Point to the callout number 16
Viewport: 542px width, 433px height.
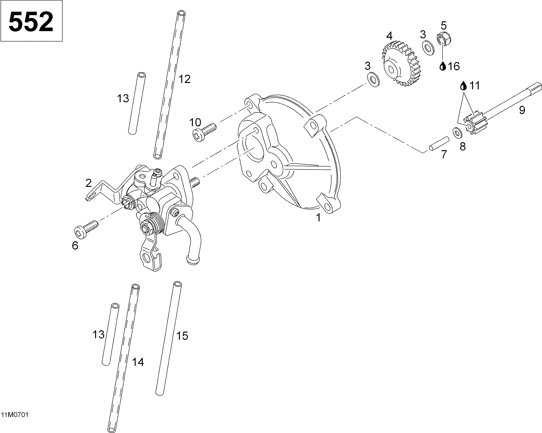[453, 66]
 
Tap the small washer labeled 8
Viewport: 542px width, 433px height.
[457, 133]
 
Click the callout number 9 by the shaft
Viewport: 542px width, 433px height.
[522, 110]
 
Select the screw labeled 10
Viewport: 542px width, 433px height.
[204, 132]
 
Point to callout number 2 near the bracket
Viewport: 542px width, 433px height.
[88, 183]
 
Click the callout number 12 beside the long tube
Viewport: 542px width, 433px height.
[184, 79]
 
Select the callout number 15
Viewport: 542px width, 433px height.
[182, 336]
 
